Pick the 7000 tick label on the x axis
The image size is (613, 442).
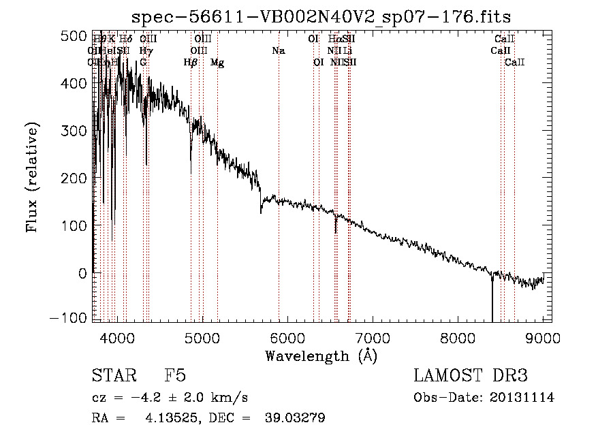pos(373,337)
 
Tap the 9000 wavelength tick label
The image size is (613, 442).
pos(543,337)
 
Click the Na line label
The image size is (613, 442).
pos(278,50)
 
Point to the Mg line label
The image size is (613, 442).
pos(217,63)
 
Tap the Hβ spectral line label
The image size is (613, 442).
pos(191,63)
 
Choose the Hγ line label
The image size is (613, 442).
pos(146,50)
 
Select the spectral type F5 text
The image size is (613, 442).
pos(175,376)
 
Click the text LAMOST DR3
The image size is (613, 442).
pos(471,376)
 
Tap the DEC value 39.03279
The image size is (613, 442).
pos(294,418)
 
